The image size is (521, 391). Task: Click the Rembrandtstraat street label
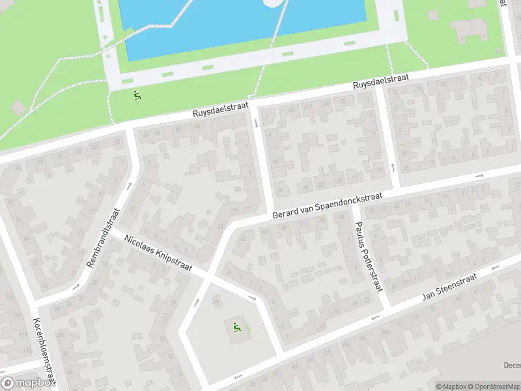[103, 239]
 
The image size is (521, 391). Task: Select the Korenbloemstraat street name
[44, 352]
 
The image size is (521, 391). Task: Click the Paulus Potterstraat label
[368, 256]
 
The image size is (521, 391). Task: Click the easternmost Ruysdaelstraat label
[381, 82]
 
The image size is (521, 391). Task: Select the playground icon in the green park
[137, 96]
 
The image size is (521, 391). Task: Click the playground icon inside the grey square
[238, 326]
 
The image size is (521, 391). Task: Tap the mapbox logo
[27, 383]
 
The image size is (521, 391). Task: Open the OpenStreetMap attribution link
[494, 386]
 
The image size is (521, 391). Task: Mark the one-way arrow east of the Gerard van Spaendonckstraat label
[480, 175]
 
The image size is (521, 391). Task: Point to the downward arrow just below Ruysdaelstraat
[256, 123]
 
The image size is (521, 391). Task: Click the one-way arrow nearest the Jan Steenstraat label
[374, 317]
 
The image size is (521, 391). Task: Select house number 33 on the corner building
[220, 227]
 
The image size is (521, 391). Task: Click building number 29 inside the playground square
[216, 299]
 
